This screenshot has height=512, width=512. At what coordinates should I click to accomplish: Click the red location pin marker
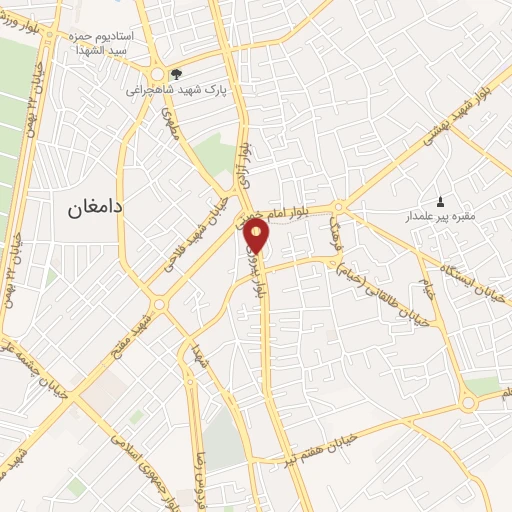257,236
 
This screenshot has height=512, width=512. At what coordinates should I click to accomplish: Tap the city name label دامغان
95,207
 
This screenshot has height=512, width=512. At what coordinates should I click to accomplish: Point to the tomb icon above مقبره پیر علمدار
441,201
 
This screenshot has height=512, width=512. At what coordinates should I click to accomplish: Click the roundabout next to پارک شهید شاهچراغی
158,76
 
